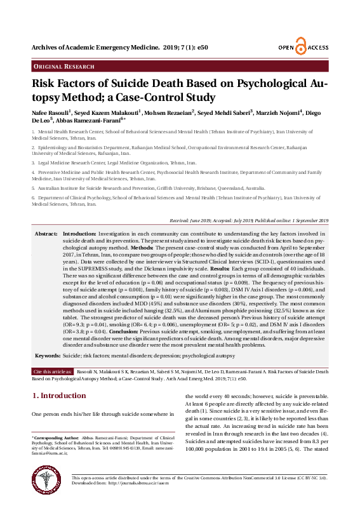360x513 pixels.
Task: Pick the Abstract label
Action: [46, 234]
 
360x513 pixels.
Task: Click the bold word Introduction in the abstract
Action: [79, 234]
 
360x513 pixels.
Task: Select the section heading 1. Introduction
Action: [59, 396]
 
